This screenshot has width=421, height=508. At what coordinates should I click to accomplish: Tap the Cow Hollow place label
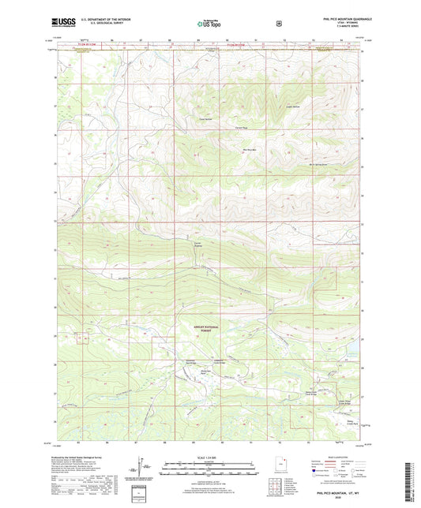206,120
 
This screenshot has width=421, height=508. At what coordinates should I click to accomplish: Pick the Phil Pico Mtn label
250,150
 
